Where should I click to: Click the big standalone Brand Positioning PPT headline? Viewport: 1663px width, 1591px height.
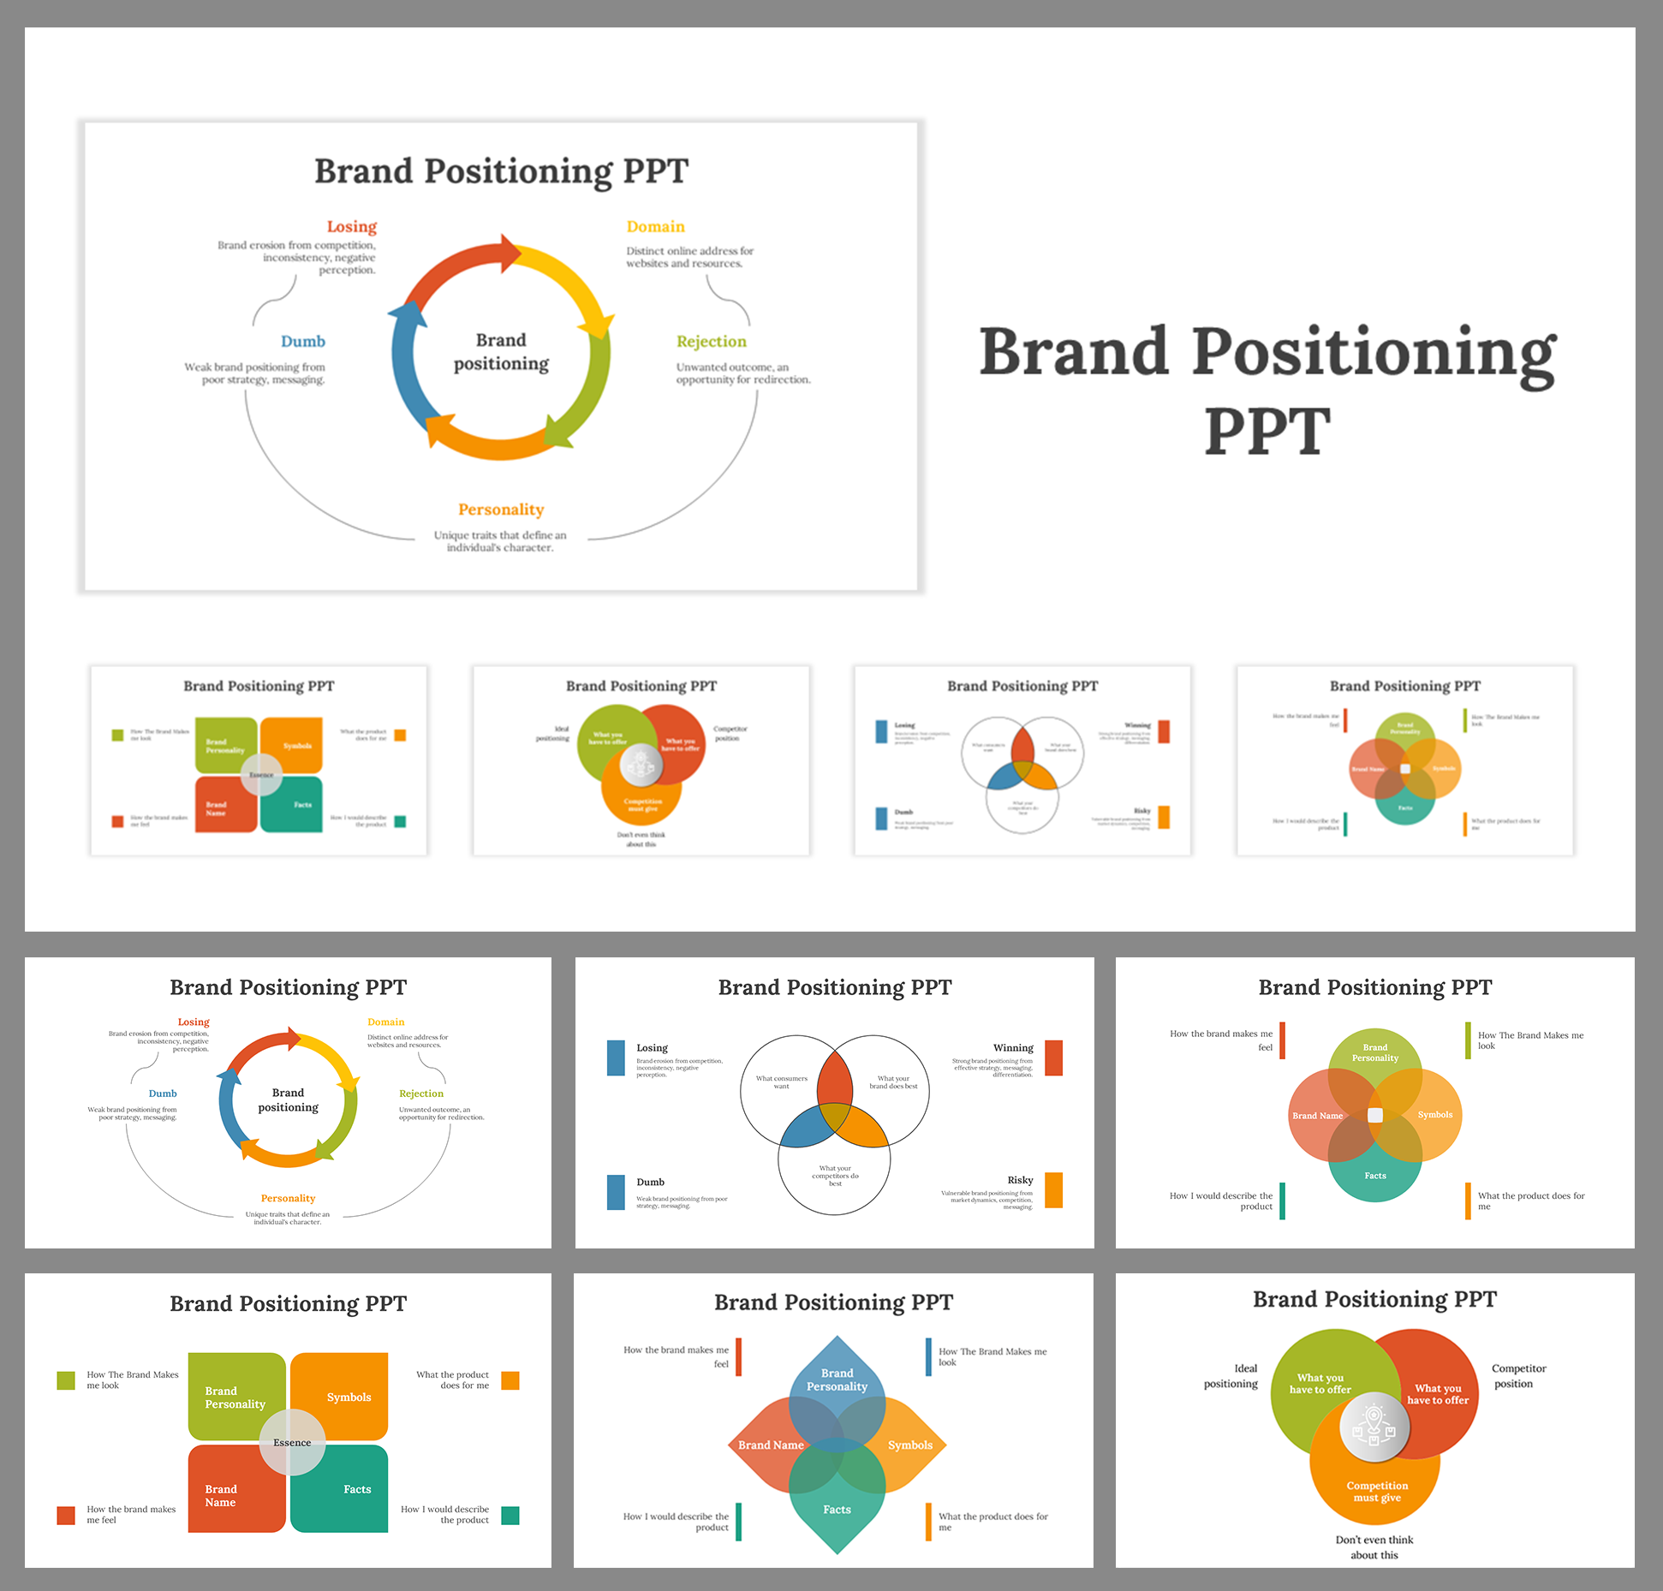[1267, 390]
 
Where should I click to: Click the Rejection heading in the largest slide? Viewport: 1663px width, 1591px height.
[711, 342]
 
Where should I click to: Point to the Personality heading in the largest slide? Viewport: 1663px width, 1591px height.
[501, 509]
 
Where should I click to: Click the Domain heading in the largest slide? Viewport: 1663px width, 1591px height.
[655, 227]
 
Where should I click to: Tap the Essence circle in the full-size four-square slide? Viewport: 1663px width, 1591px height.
[292, 1443]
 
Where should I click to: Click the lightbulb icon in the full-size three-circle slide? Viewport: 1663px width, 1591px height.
[1374, 1427]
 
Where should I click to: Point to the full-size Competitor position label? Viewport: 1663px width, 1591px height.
[1517, 1376]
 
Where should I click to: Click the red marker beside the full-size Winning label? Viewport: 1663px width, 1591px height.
[1053, 1058]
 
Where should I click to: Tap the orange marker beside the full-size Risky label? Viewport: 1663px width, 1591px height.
[1053, 1189]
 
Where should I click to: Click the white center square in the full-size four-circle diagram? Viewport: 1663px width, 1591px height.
[1375, 1115]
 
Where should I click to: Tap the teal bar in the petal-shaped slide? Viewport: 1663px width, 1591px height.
[738, 1522]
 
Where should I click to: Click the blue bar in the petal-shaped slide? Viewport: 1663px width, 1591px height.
[928, 1357]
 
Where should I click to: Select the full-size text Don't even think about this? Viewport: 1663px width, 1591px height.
[1374, 1547]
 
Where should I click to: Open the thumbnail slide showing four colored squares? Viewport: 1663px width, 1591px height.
[259, 760]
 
